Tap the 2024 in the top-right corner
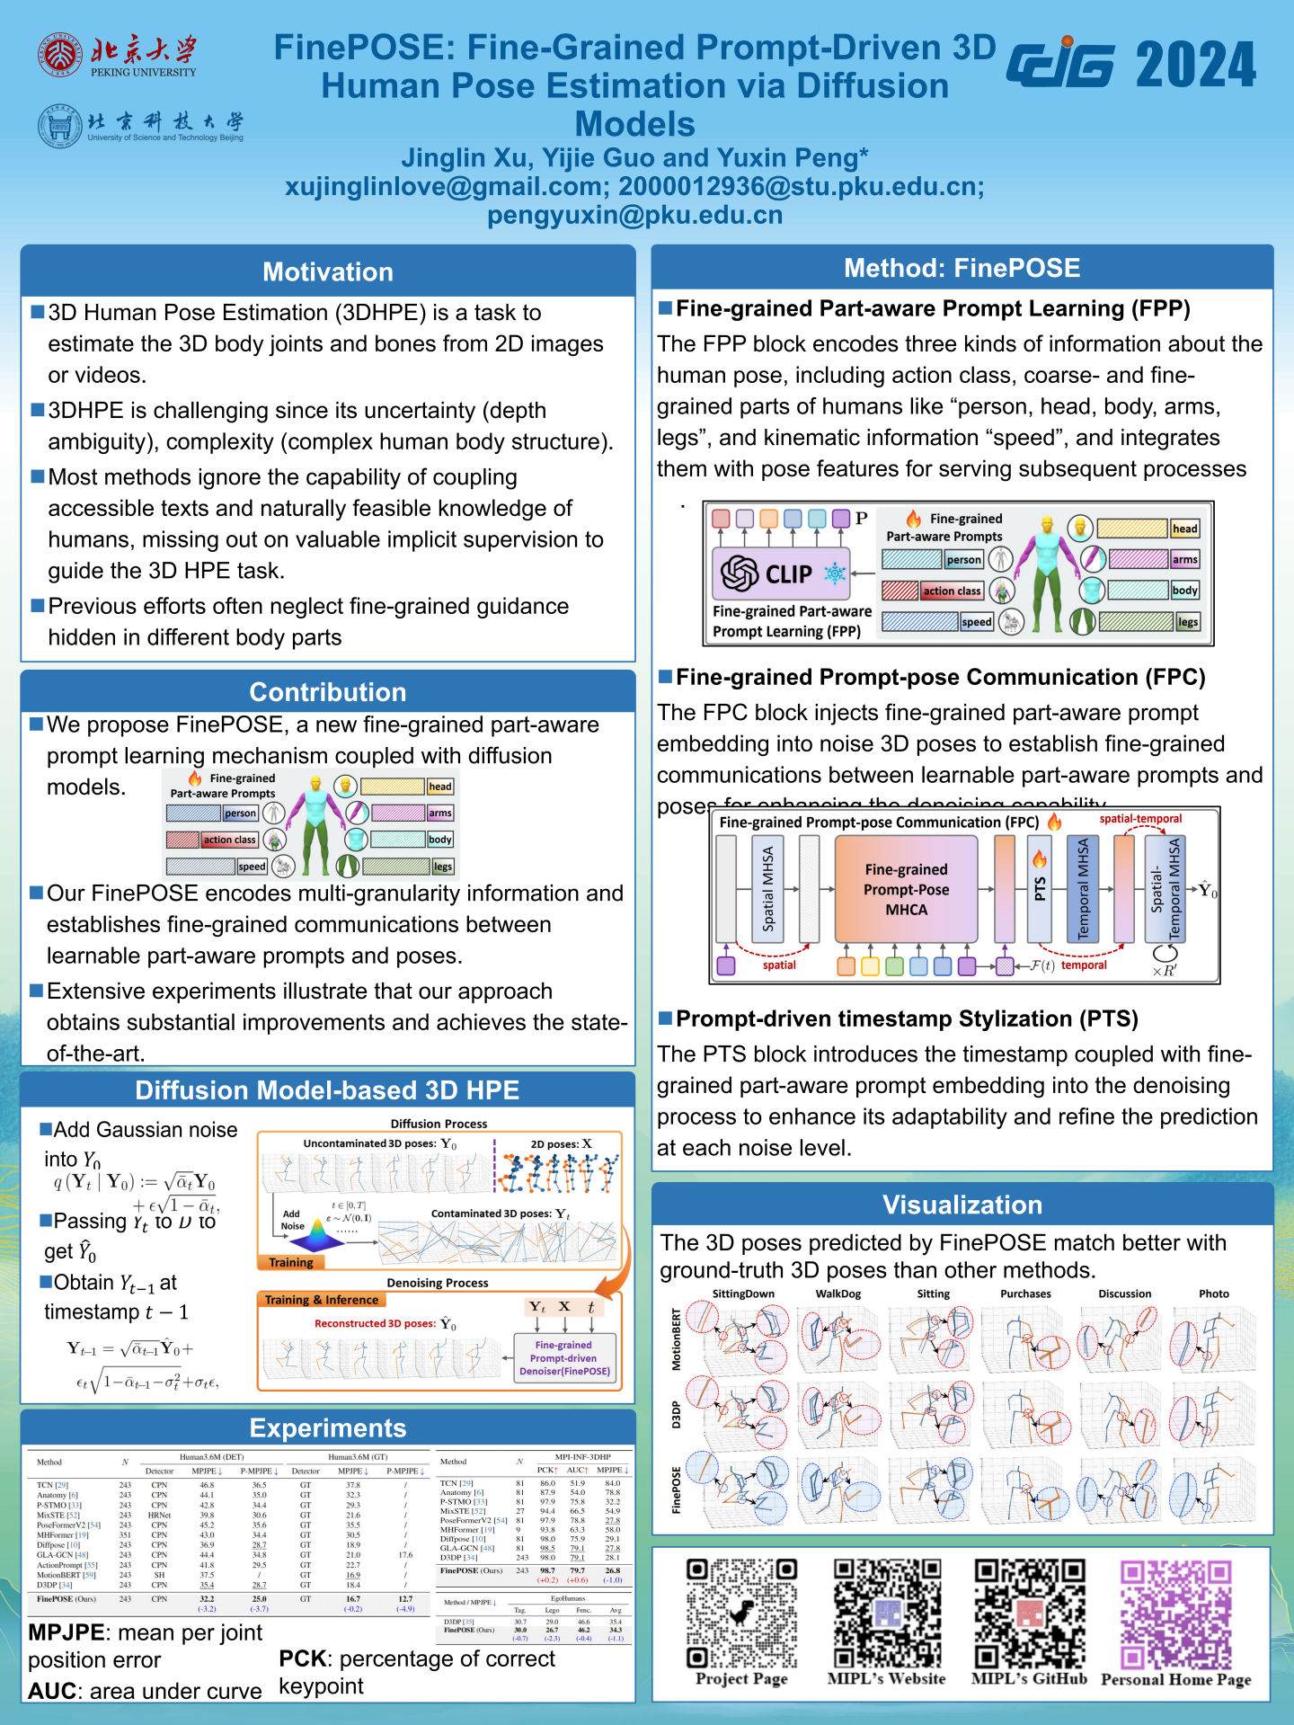(1195, 65)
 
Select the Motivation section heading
(328, 271)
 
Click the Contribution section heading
(328, 691)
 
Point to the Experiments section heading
(328, 1427)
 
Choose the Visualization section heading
(962, 1205)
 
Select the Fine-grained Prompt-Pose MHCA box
(906, 889)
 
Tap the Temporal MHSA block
(1083, 888)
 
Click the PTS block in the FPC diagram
(1040, 888)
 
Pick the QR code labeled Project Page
(741, 1613)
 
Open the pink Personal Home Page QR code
(1175, 1613)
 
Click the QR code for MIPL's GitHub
(1030, 1613)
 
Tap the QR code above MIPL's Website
(887, 1613)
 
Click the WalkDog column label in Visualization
(838, 1294)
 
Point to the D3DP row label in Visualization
(677, 1414)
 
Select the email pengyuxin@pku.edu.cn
(634, 216)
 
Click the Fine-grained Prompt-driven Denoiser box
(564, 1358)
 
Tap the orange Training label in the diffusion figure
(290, 1263)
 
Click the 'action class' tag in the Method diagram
(952, 591)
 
